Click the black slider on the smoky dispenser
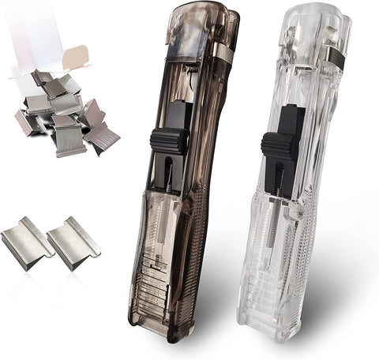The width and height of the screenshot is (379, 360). pyautogui.click(x=170, y=141)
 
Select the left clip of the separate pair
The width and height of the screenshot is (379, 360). pyautogui.click(x=26, y=244)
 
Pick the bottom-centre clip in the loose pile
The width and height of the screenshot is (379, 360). pyautogui.click(x=69, y=141)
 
